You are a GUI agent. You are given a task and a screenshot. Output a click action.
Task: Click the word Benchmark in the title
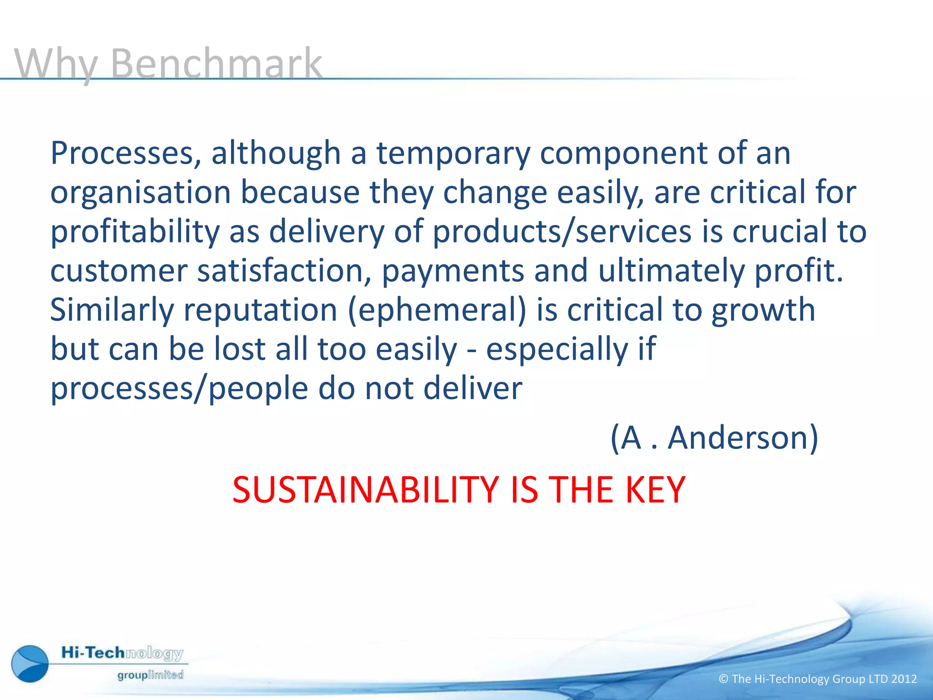[x=216, y=64]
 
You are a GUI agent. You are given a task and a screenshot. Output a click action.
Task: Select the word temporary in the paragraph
[x=453, y=154]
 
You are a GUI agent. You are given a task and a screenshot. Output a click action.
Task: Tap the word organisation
[x=141, y=193]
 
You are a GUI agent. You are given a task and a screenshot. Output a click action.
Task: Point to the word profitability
[x=135, y=232]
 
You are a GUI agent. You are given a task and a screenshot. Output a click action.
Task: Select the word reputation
[x=260, y=310]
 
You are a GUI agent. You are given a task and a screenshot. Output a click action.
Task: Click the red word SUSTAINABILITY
[x=365, y=490]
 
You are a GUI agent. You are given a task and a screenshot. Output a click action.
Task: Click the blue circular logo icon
[x=30, y=664]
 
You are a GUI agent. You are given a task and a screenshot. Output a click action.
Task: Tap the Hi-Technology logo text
[x=122, y=653]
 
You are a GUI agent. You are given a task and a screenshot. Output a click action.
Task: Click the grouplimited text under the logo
[x=150, y=675]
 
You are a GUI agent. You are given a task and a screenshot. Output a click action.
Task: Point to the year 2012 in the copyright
[x=904, y=679]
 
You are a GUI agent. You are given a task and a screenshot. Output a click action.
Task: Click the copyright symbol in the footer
[x=723, y=679]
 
